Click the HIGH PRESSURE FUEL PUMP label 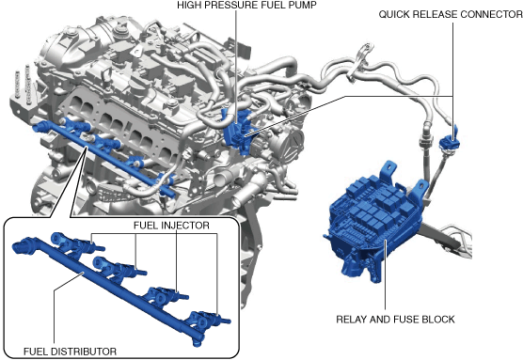coord(246,5)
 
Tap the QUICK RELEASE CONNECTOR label coord(451,14)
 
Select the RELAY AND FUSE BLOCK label coord(395,320)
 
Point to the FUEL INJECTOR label coord(171,226)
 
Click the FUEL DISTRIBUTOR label coord(70,352)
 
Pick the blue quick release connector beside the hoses coord(449,139)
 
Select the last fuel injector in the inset coord(209,319)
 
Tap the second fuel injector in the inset coord(119,266)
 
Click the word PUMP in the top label coord(303,5)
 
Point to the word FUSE coord(406,320)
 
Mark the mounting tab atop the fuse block coord(388,168)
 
